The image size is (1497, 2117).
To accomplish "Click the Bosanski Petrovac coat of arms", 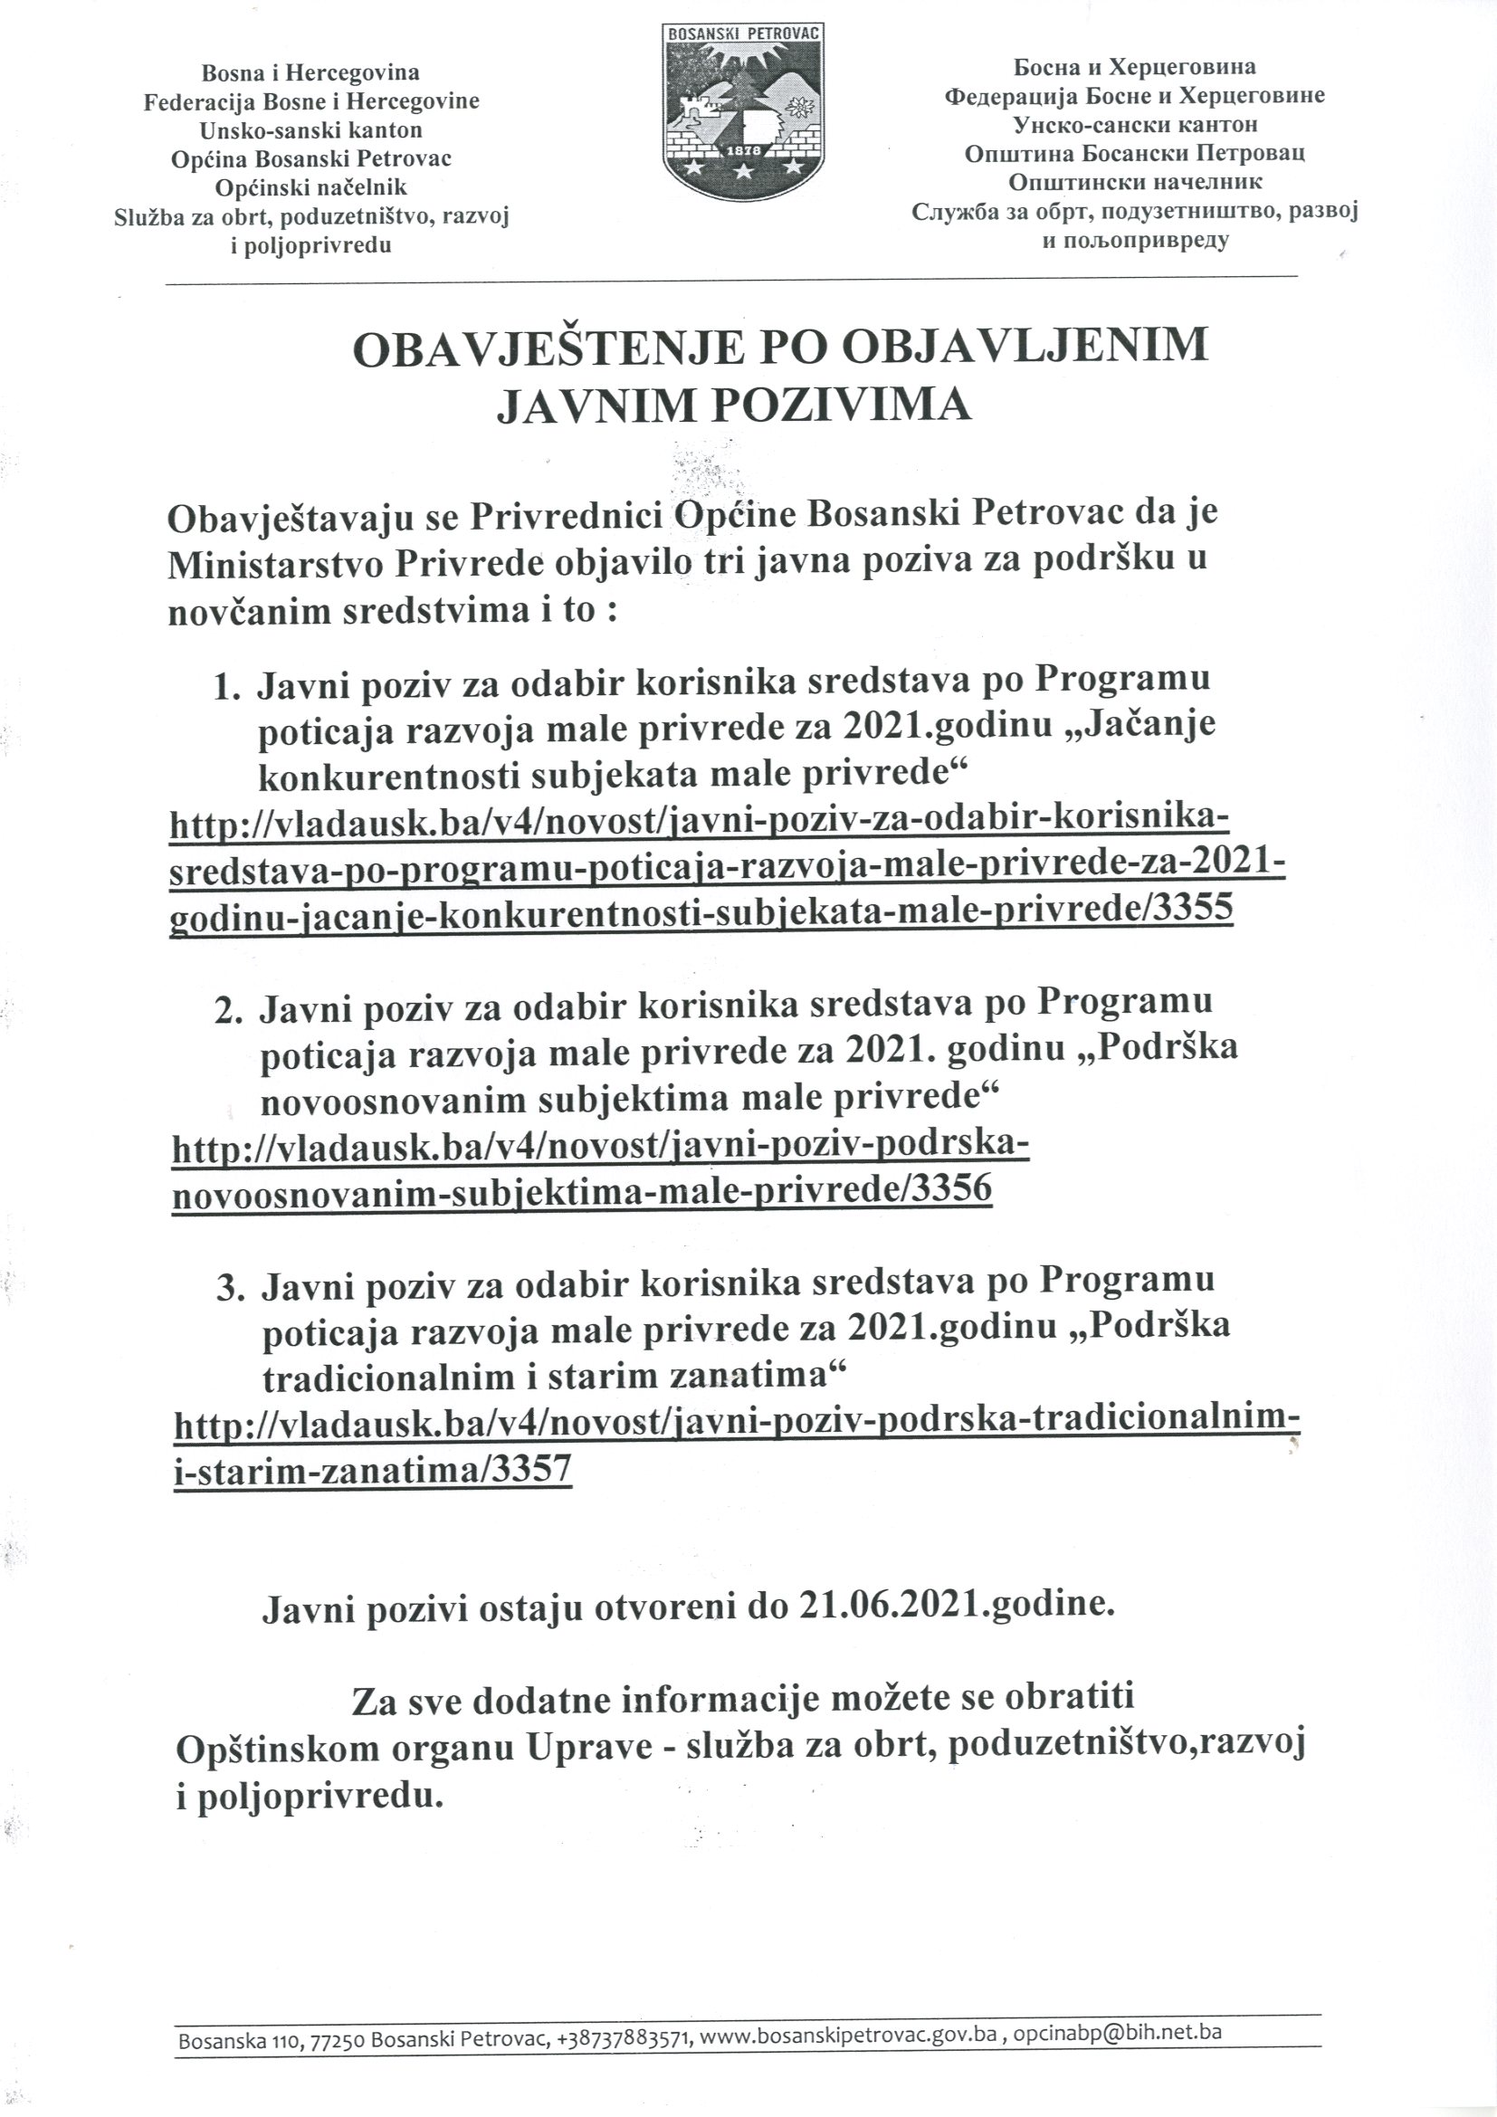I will click(743, 110).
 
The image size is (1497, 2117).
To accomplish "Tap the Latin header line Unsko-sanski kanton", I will click(311, 129).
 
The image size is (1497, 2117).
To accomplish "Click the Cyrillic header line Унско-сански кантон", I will click(1135, 124).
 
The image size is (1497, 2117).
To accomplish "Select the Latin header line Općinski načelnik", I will click(311, 187).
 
